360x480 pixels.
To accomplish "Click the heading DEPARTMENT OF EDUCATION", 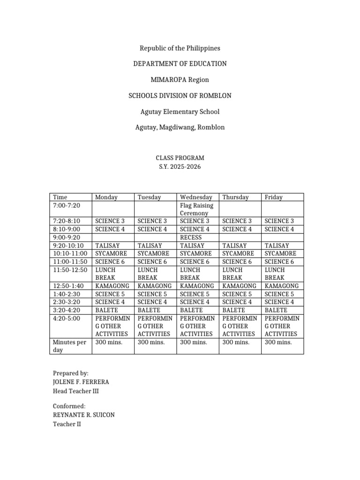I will click(x=180, y=63).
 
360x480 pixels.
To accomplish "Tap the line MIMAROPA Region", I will click(x=180, y=80).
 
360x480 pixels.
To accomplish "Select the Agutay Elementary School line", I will click(x=180, y=112).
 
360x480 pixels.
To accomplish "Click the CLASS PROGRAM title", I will click(x=180, y=158).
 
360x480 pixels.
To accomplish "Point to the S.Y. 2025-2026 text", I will click(x=180, y=167).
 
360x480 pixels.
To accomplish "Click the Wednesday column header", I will click(x=195, y=197).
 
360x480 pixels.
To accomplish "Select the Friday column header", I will click(x=274, y=197).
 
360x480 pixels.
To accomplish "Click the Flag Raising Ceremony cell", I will click(x=196, y=209).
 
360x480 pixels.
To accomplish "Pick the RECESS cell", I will click(x=191, y=238).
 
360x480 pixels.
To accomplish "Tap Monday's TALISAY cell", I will click(x=107, y=246).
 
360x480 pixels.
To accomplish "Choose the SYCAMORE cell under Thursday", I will click(x=238, y=254).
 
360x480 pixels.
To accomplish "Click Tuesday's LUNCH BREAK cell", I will click(x=148, y=274).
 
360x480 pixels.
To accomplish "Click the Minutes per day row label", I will click(x=69, y=346).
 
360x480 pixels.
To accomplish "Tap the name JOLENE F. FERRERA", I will click(x=81, y=382).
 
